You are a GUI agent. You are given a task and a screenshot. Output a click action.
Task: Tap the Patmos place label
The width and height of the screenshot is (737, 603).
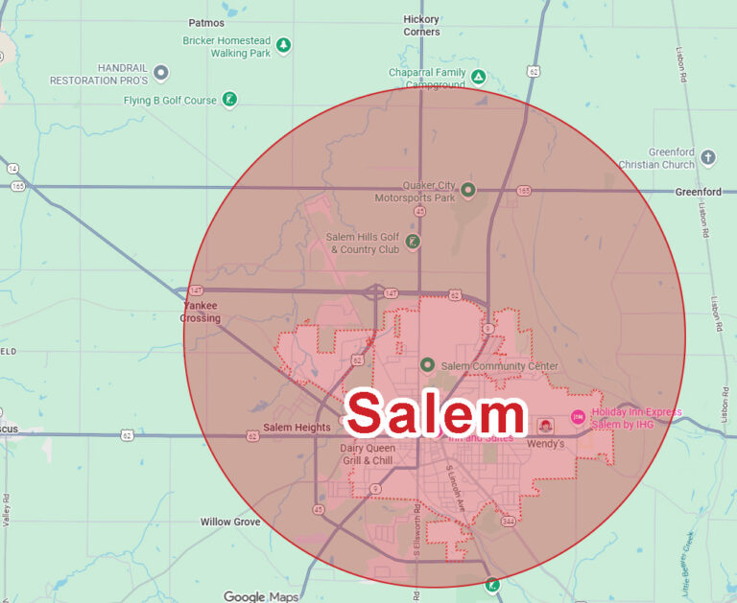pos(206,22)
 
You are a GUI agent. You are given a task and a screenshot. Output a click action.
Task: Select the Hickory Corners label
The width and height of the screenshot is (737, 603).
pos(421,25)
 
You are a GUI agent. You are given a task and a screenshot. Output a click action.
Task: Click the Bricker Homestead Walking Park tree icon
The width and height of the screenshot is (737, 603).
pos(283,45)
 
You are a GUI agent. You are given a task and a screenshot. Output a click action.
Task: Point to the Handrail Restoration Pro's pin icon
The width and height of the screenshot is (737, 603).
pos(161,72)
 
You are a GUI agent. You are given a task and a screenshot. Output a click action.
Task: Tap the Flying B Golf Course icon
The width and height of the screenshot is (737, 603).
pos(229,99)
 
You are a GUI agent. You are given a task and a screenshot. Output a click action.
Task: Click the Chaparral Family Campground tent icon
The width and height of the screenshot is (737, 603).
pos(478,76)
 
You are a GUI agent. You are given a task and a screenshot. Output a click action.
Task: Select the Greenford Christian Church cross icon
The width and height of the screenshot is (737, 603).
pos(708,157)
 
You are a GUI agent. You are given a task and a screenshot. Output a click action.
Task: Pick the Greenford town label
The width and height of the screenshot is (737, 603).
pos(698,192)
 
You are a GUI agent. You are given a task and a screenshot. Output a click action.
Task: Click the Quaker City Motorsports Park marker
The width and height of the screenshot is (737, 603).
pos(467,189)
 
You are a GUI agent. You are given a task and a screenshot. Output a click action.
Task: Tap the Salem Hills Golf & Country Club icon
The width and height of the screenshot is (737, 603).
pos(412,242)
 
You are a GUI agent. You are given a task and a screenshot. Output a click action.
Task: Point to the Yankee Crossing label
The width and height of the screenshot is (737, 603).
pos(201,312)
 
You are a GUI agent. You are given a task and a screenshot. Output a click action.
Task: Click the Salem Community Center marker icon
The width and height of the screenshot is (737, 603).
pos(428,365)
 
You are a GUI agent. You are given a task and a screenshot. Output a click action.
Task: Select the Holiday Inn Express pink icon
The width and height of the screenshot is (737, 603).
pos(578,416)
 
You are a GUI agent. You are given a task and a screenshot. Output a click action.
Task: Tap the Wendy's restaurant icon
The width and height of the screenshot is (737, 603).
pos(545,426)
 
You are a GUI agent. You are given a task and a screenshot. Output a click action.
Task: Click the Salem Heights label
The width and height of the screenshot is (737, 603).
pos(297,428)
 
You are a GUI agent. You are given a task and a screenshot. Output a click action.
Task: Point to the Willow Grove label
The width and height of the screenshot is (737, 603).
pos(230,522)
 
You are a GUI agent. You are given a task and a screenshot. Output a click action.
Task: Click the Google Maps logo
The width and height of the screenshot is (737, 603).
pos(262,596)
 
